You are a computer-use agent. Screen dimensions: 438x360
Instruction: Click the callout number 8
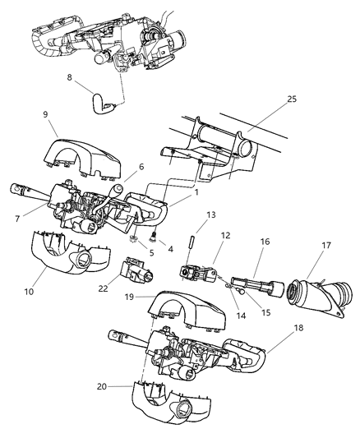pyautogui.click(x=69, y=80)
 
